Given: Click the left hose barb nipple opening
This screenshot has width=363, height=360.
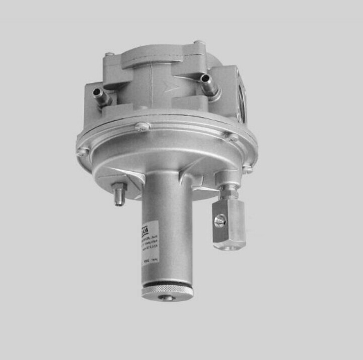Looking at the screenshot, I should coord(96,91).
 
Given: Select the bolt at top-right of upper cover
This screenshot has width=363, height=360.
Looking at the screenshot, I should coord(200,44).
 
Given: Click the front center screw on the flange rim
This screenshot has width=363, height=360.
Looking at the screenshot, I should coord(143,127).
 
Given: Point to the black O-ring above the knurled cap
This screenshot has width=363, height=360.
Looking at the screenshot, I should coord(166,283).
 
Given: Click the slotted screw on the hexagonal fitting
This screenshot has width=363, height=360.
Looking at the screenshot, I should coord(219,221).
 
